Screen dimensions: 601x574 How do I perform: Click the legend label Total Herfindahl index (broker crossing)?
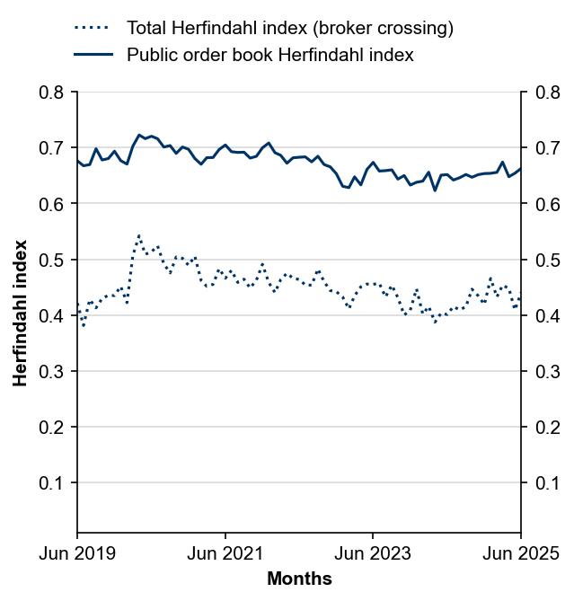pos(289,28)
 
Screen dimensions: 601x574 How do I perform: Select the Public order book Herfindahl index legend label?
pos(269,55)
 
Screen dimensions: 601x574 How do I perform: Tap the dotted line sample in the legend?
pos(93,28)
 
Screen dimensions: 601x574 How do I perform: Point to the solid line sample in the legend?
pos(93,55)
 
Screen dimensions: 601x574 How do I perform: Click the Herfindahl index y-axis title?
pos(21,312)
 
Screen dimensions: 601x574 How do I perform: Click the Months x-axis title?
pos(299,579)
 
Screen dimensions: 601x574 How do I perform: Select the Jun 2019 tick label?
pos(77,553)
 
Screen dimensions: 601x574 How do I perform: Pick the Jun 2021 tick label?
pos(225,553)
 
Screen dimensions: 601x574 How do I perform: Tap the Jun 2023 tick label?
pos(373,553)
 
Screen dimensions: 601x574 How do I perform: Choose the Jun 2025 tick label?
pos(521,553)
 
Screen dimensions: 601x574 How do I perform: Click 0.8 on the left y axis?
pos(52,93)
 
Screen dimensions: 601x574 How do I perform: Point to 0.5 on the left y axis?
pos(52,260)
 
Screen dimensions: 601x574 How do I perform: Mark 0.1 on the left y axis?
pos(52,482)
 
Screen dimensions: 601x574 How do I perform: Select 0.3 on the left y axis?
pos(52,371)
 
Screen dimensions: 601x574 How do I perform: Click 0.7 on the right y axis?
pos(547,148)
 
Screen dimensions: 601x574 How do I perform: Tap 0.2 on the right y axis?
pos(547,427)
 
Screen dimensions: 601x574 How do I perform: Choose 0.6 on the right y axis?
pos(547,204)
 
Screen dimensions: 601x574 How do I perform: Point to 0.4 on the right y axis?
pos(547,315)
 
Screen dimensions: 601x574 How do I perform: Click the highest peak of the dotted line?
pos(138,235)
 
